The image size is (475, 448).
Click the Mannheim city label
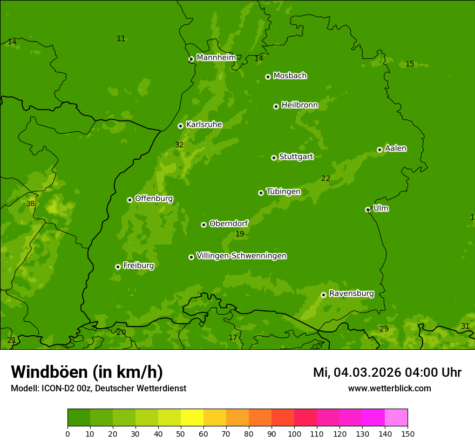pos(216,58)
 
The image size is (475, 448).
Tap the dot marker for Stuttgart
pos(274,158)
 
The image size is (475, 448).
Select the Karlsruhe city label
pos(203,125)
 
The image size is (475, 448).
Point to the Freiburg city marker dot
pos(118,267)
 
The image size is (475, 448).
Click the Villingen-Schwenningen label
pos(241,256)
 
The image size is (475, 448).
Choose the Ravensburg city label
pos(351,294)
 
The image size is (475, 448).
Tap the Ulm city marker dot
pos(368,209)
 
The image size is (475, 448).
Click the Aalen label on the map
pos(395,148)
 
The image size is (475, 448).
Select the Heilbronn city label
pos(300,105)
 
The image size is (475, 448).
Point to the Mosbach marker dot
pos(268,77)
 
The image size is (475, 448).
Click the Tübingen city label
pos(283,192)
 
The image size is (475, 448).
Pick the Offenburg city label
pos(154,199)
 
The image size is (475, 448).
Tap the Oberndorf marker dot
pos(203,225)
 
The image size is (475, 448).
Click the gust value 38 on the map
pos(30,204)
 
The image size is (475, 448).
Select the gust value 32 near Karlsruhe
pos(179,145)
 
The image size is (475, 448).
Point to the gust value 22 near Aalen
pos(325,179)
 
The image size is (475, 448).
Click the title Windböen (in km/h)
pos(87,372)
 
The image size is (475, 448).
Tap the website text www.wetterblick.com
pos(389,389)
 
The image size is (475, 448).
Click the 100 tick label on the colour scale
pos(294,434)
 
